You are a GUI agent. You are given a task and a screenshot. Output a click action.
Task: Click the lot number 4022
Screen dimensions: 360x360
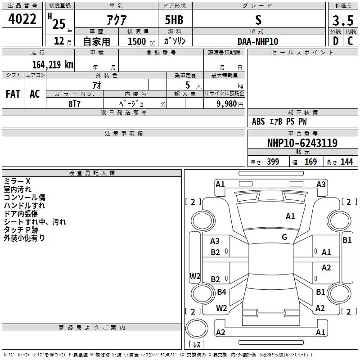coord(22,19)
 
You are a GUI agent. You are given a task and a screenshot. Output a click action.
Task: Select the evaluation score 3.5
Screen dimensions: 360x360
coord(343,20)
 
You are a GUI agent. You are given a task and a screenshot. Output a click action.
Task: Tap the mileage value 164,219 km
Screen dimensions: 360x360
coord(53,64)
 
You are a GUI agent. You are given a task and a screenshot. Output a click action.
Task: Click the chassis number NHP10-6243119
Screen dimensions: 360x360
coord(302,143)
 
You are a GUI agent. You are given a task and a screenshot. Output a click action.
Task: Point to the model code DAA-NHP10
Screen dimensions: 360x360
coord(257,41)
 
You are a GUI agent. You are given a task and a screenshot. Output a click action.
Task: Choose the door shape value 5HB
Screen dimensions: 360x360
coord(174,20)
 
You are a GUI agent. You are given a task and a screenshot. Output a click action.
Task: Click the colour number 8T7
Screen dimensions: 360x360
coord(74,104)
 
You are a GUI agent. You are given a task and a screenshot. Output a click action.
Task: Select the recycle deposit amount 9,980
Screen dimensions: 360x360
coord(227,103)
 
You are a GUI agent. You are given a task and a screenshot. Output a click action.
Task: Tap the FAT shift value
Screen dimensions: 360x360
coord(13,94)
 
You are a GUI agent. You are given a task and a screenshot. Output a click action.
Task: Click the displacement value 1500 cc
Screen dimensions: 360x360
coord(141,41)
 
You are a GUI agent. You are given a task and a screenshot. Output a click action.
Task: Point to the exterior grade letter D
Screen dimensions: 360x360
coord(336,41)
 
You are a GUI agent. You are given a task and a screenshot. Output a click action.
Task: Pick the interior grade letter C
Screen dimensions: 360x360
coord(350,41)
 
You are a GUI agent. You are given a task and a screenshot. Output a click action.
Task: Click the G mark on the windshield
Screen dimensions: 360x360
coord(284,237)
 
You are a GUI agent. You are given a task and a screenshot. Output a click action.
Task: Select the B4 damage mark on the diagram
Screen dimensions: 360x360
coord(221,292)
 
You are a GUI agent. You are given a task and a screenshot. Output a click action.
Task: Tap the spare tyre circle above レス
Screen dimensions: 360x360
coord(197,328)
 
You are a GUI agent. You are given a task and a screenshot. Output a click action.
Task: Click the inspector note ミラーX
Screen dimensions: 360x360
coord(17,181)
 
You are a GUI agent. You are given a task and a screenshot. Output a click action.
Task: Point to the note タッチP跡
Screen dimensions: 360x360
coord(21,230)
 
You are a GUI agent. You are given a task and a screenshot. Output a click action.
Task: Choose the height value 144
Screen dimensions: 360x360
coord(346,162)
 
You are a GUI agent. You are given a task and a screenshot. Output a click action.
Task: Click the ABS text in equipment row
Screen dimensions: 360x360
coord(258,121)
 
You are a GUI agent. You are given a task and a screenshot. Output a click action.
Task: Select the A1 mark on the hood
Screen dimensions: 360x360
coord(290,216)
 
